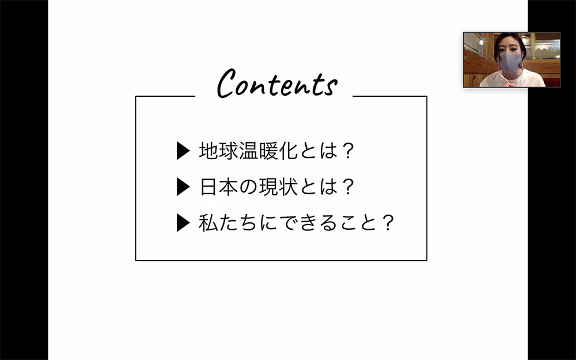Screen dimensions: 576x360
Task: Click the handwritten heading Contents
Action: (x=277, y=84)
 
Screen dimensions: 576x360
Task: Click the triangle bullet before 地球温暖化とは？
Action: (x=183, y=150)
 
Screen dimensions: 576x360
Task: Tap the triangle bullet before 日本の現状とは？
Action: (x=183, y=187)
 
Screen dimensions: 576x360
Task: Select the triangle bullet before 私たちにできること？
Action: (x=183, y=222)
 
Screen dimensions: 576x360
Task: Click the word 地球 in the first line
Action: (x=218, y=150)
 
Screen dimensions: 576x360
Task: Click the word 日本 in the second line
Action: (x=218, y=187)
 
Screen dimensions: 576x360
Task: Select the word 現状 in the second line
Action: (x=278, y=187)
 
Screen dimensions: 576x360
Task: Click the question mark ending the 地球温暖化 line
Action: (x=347, y=150)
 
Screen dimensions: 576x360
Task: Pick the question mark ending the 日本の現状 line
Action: (x=347, y=187)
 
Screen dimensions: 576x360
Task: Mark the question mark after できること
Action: (x=388, y=222)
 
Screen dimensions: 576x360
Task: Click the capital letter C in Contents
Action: (x=226, y=83)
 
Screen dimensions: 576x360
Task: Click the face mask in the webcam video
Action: (x=510, y=62)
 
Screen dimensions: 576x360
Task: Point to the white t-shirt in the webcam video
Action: (x=513, y=79)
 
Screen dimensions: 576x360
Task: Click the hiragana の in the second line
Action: (x=248, y=187)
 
